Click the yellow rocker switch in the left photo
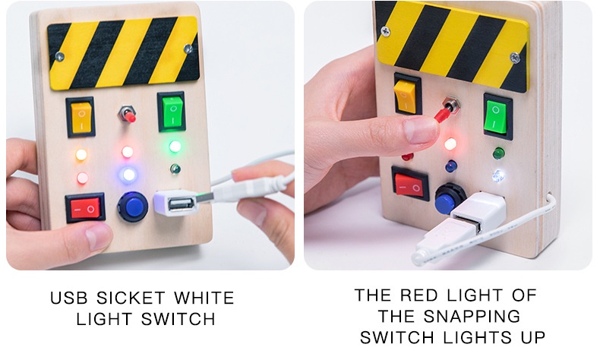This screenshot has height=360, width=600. pos(81,117)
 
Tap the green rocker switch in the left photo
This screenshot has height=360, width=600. pos(171,112)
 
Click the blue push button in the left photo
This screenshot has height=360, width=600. pos(132,206)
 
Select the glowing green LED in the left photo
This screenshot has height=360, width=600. pos(175,146)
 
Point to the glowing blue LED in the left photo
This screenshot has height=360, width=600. pos(128,175)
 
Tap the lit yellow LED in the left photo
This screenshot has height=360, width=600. pos(81,155)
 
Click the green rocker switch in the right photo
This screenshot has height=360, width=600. pos(497,115)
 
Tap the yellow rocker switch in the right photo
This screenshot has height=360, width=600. pos(406,94)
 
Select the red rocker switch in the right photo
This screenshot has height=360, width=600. pos(410,183)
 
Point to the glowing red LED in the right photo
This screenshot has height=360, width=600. pos(450,144)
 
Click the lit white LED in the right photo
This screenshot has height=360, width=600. pos(497,176)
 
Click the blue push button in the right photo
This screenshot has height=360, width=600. pos(450,199)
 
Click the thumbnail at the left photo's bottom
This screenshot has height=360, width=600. pos(97,236)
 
